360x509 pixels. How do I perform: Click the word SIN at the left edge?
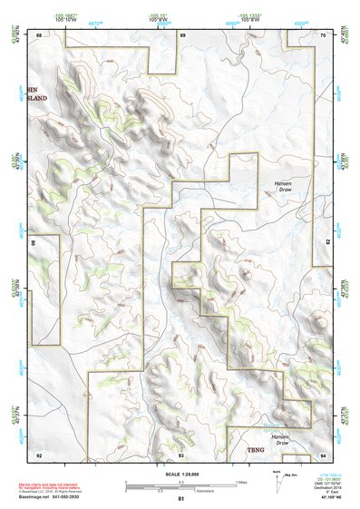(x=34, y=91)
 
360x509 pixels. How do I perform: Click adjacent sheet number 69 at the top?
(x=182, y=34)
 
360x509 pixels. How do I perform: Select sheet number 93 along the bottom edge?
(x=180, y=454)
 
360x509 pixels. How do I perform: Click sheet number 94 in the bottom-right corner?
(x=323, y=454)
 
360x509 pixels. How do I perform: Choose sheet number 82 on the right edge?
(x=327, y=242)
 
